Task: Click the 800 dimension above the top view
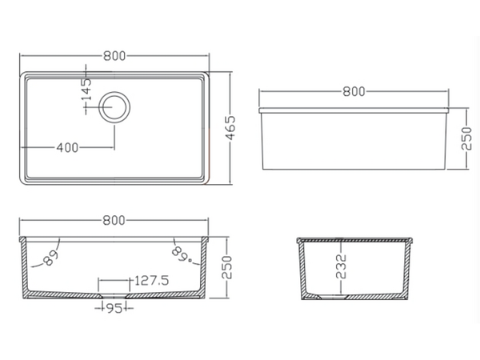(114, 56)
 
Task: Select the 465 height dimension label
(231, 128)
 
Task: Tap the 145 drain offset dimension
(86, 90)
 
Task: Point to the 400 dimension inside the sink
(67, 148)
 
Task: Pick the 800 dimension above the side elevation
(354, 91)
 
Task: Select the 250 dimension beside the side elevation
(466, 138)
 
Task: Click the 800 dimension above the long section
(114, 221)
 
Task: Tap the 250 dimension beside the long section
(227, 267)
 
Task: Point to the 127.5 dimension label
(151, 281)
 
